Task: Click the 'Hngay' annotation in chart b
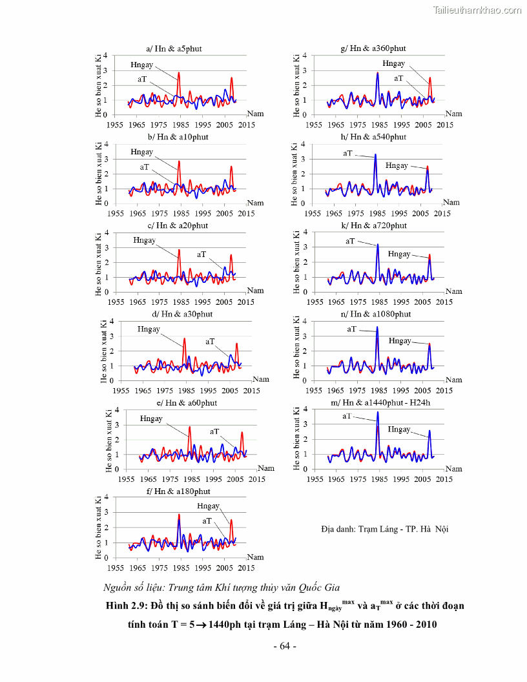pos(141,152)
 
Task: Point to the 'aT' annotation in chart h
pos(348,153)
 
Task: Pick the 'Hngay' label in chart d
pos(149,329)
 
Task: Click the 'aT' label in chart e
pos(214,431)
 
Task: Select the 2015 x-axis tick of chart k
pos(442,302)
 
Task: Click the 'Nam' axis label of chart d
pos(260,379)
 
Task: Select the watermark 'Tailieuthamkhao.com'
pos(477,10)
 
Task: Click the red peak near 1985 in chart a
pos(179,72)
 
